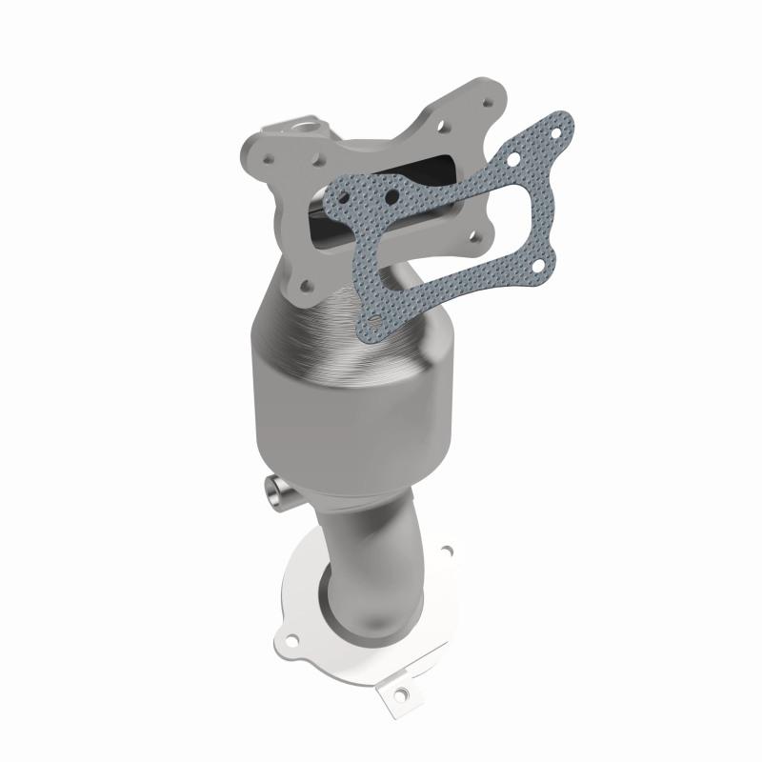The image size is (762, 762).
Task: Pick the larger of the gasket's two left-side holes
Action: point(391,198)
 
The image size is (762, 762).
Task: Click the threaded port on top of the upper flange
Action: point(285,126)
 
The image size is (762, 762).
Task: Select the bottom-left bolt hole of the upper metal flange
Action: point(304,280)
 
